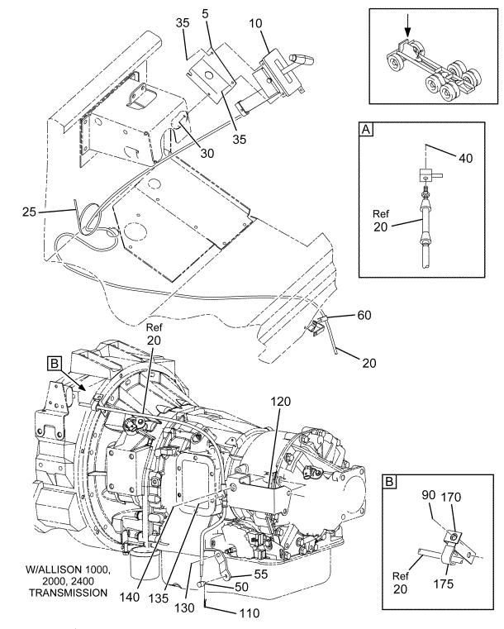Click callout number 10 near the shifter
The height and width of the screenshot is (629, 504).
coord(255,23)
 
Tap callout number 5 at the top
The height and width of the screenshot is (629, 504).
coord(205,14)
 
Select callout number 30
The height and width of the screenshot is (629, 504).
coord(207,153)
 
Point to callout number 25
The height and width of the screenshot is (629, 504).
coord(29,212)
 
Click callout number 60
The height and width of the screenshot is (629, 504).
coord(364,315)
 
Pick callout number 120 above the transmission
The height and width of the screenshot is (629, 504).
coord(281,401)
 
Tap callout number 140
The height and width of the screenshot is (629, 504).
coord(130,597)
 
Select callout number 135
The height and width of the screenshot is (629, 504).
coord(158,598)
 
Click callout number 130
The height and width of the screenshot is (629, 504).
coord(184,608)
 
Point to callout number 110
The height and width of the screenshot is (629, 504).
coord(249,613)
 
